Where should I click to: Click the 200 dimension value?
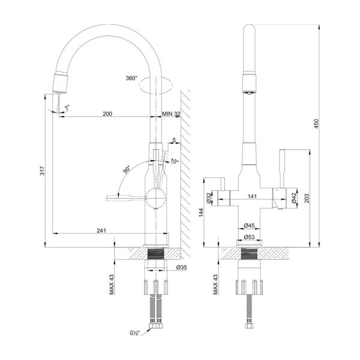[107, 113]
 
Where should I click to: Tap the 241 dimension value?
[101, 230]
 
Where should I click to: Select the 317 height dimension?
[43, 170]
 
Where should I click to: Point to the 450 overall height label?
[316, 124]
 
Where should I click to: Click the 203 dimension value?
[307, 199]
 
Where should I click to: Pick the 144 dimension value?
[201, 212]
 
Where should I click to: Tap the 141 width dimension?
[252, 197]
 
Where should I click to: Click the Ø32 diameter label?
[209, 197]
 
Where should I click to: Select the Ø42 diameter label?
[294, 197]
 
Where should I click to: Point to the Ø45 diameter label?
[249, 226]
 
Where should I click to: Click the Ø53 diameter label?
[249, 237]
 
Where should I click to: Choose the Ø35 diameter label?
[182, 267]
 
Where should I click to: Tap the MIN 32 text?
[171, 113]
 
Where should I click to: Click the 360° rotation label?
[131, 78]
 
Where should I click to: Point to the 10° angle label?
[175, 161]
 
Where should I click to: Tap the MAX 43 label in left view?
[112, 284]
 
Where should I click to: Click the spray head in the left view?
[61, 83]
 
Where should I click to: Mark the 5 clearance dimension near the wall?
[174, 140]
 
